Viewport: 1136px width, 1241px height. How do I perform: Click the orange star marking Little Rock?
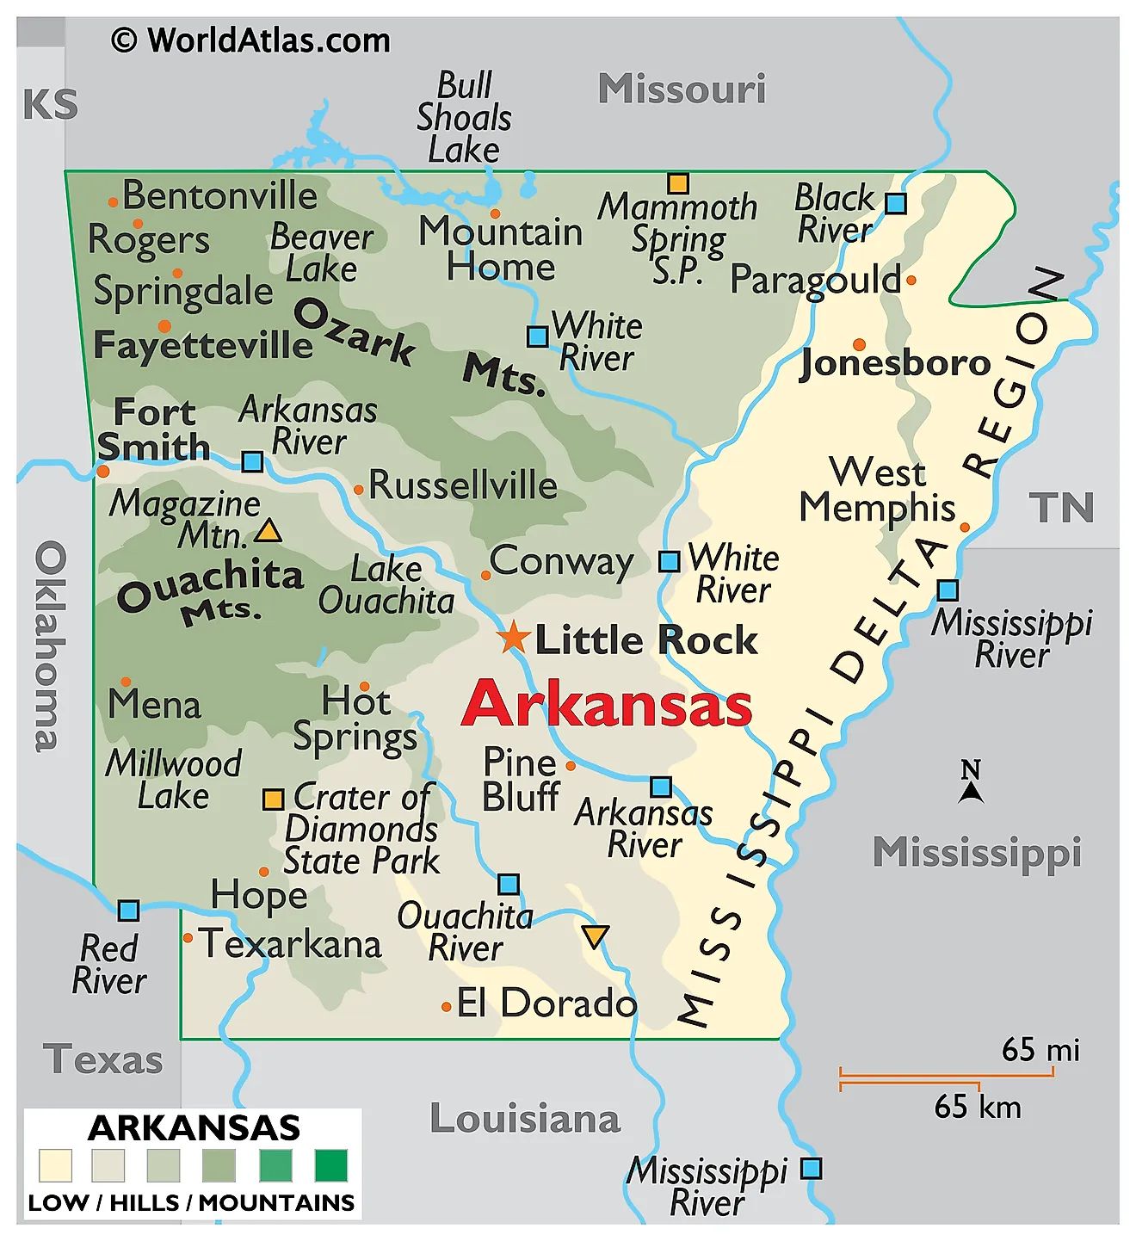[x=514, y=638]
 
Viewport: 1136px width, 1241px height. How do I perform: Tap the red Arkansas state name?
[x=607, y=705]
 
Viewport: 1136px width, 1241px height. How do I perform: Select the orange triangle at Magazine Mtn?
[x=268, y=531]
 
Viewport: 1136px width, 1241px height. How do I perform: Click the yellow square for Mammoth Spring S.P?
[x=678, y=183]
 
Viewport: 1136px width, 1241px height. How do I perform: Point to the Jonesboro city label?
[x=895, y=363]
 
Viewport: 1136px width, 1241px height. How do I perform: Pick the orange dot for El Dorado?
[x=446, y=1006]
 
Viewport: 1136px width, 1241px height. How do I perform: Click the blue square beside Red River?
[x=128, y=911]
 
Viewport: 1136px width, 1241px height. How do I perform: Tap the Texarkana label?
[x=290, y=944]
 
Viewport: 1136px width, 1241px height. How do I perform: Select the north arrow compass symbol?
[x=971, y=782]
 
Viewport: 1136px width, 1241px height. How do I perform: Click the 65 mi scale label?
[x=1040, y=1050]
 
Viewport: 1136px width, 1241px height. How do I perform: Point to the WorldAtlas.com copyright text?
[x=250, y=40]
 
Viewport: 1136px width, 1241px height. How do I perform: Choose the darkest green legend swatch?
[x=331, y=1165]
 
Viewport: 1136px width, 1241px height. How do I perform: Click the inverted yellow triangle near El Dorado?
[x=595, y=936]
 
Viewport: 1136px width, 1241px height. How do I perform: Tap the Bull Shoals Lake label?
[x=464, y=118]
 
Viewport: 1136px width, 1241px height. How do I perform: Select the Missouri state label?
[x=682, y=89]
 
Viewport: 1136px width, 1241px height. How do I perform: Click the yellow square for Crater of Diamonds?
[x=273, y=800]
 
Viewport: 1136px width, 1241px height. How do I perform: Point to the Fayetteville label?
[x=203, y=345]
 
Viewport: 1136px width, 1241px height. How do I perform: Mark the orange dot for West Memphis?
[x=965, y=528]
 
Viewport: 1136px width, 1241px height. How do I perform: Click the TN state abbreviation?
[x=1061, y=508]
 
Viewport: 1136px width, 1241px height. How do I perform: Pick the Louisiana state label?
[x=525, y=1119]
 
